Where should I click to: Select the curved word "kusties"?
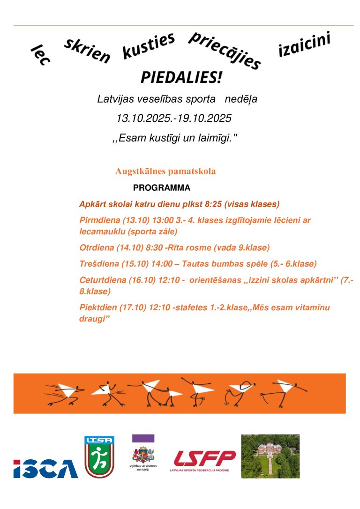tap(148, 46)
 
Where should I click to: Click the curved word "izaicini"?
tap(304, 44)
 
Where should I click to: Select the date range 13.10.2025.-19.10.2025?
tap(174, 118)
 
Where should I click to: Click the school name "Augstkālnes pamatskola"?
tap(165, 171)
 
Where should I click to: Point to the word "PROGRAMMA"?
tap(162, 188)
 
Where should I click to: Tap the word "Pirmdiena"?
tap(99, 220)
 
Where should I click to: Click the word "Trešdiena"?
tap(98, 264)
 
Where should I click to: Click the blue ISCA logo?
tap(45, 469)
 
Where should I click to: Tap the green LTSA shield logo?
tap(99, 457)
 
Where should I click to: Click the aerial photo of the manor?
tap(270, 456)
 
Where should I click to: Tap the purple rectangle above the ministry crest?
tap(143, 438)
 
